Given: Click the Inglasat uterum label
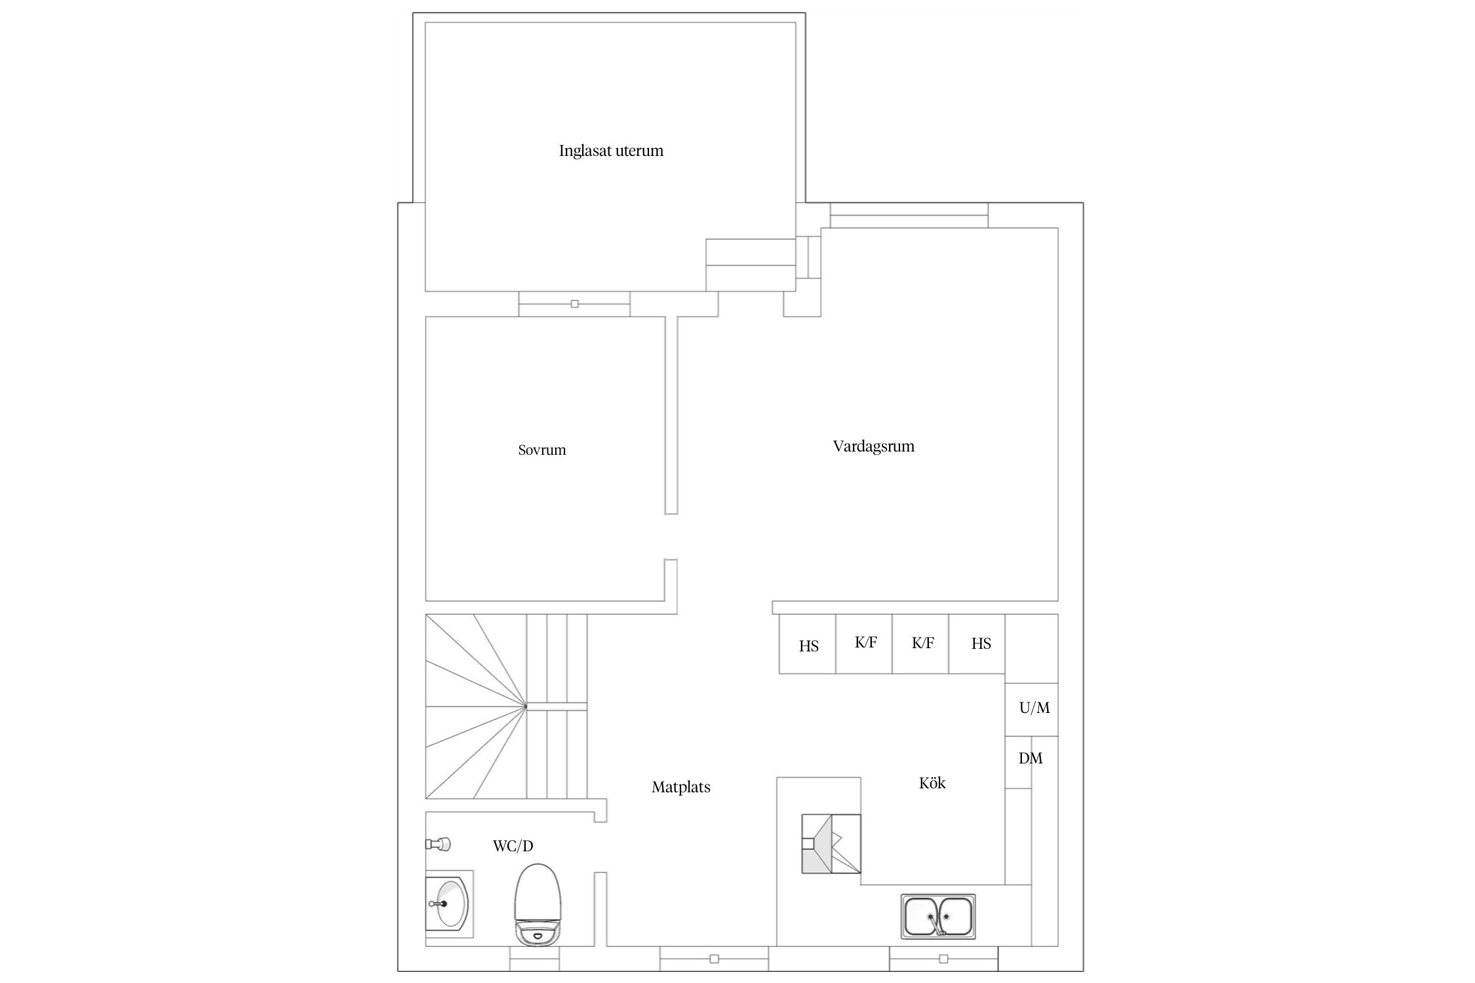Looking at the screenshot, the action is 611,151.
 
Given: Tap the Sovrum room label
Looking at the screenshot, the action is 541,450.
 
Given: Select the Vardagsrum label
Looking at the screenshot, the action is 873,446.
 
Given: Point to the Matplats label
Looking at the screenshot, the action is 680,787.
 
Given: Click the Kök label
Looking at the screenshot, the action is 932,782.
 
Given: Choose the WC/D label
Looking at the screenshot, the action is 513,846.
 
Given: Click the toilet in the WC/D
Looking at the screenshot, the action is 538,904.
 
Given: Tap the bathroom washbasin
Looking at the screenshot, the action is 449,904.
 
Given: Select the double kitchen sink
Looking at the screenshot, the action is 937,916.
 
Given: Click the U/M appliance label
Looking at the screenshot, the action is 1034,708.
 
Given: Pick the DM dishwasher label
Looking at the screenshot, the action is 1030,758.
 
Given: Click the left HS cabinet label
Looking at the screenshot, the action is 808,646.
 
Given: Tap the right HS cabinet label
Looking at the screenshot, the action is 981,644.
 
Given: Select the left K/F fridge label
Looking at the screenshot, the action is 865,642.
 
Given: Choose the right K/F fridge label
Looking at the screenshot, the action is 922,643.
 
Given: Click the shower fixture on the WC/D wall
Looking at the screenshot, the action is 438,844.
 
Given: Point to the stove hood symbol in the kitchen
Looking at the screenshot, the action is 831,844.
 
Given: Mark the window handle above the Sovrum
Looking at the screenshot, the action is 574,304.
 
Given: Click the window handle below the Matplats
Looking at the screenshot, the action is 714,959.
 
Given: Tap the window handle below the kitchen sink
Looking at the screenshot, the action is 943,959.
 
